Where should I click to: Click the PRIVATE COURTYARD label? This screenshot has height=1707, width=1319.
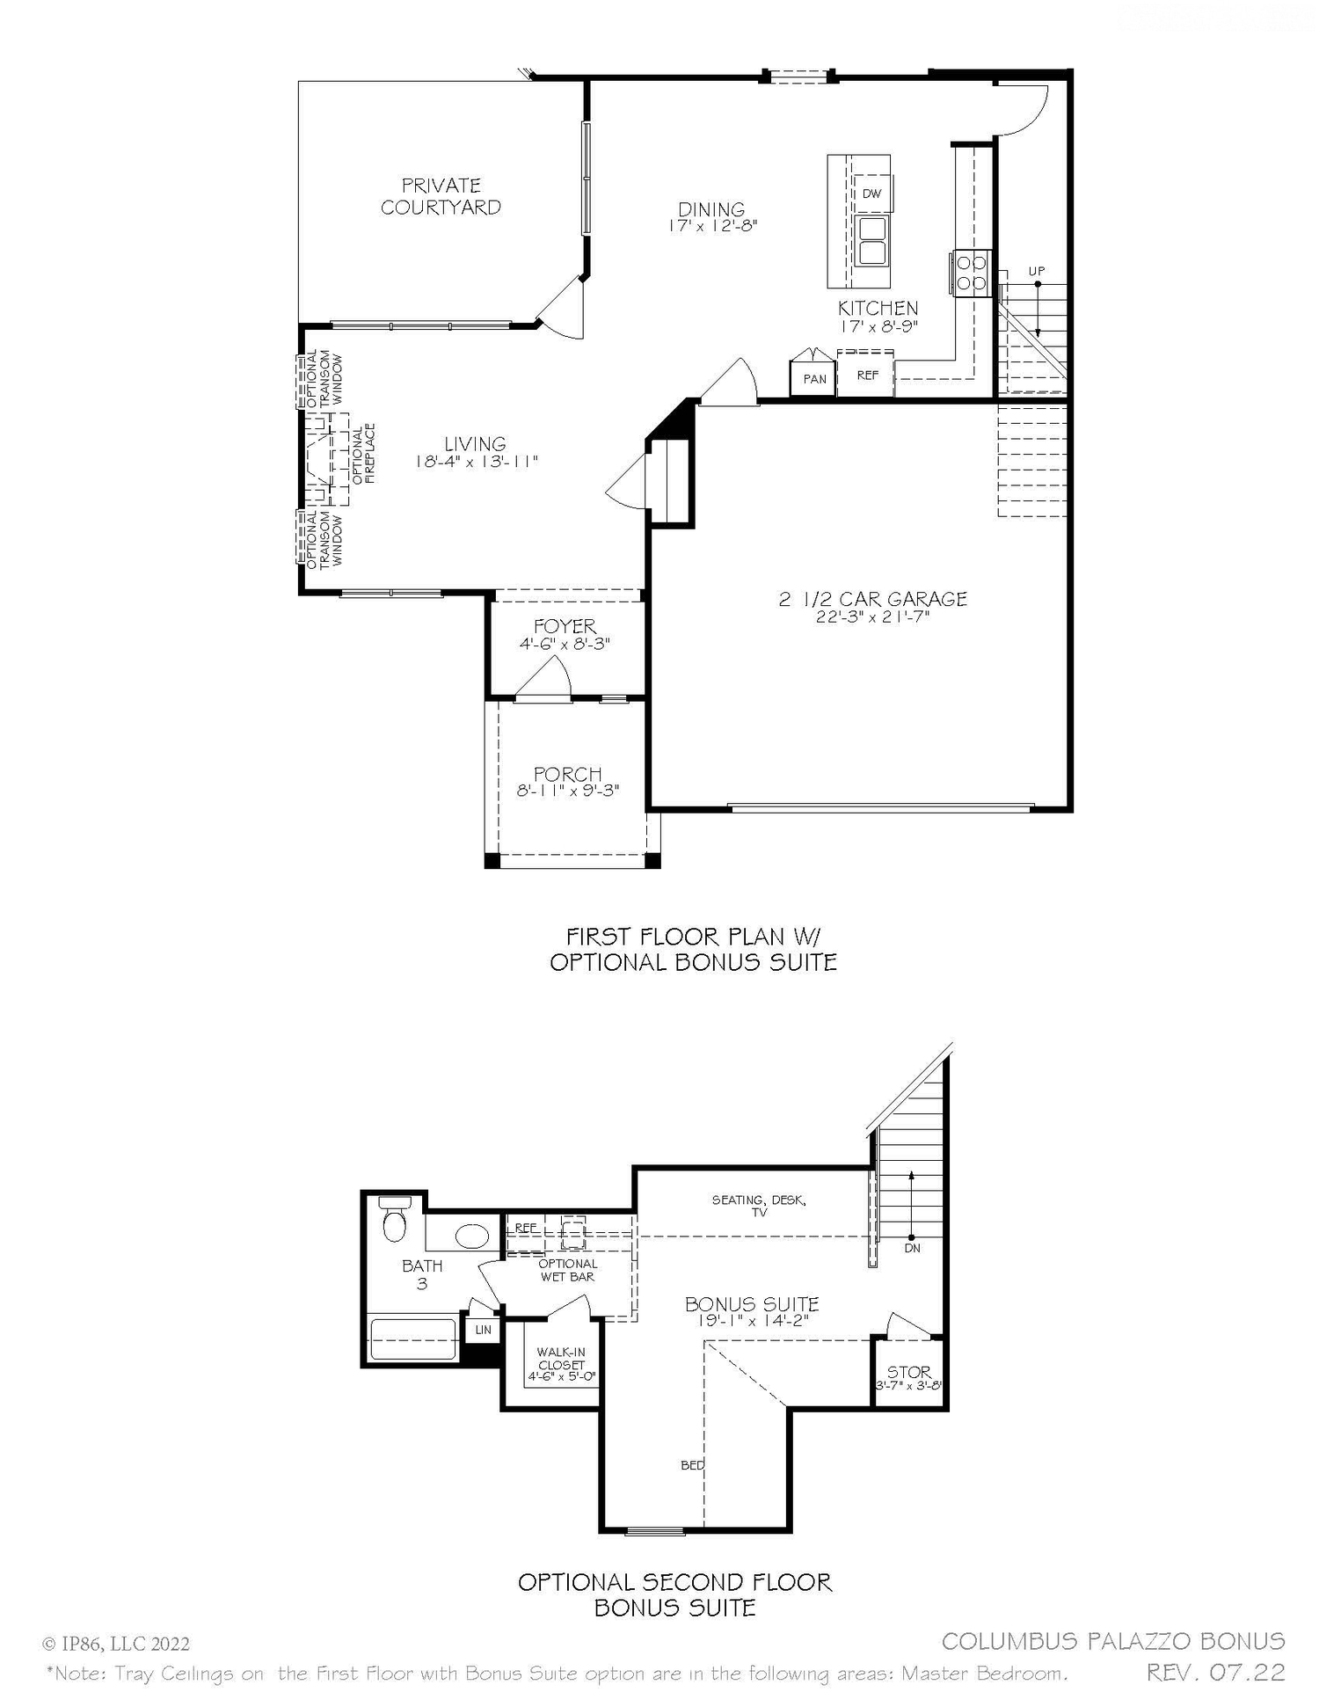441,196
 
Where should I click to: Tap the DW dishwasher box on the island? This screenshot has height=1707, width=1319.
871,193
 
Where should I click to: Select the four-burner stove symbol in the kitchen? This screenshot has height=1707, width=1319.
971,272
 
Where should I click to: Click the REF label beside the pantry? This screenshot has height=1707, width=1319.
867,376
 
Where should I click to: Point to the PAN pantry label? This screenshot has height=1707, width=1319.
814,379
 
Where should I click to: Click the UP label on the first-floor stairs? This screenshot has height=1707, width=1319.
1037,271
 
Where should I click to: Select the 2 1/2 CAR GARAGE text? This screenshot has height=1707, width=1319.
872,599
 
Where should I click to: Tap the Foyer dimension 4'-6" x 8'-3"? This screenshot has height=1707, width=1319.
565,644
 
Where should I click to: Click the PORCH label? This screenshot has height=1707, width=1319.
567,774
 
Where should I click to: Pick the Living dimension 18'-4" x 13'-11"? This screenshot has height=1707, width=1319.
475,462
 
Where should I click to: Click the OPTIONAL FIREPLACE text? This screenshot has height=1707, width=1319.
364,455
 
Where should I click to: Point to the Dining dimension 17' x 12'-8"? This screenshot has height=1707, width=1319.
711,225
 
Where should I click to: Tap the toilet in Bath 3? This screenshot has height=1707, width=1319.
394,1219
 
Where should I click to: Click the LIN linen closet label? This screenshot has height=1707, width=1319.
483,1330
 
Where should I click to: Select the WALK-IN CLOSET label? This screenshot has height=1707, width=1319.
561,1359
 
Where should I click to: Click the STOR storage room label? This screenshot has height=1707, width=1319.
908,1371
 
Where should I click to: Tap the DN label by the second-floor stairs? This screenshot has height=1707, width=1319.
912,1247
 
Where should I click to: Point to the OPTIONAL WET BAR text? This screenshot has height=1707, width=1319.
567,1270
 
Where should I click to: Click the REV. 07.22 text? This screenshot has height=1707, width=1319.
1214,1671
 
